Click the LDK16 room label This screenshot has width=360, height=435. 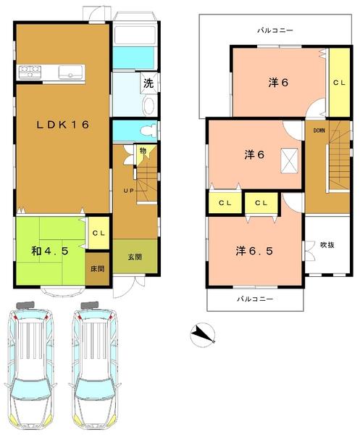click(63, 125)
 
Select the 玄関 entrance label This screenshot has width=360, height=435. click(135, 257)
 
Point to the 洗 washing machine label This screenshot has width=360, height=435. click(148, 83)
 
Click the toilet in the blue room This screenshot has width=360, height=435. click(148, 130)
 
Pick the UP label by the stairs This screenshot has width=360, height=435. click(127, 190)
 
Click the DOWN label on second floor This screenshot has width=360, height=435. click(319, 130)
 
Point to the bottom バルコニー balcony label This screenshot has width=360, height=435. click(254, 299)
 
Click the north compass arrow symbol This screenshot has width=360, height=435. click(204, 333)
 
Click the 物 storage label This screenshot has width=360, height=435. click(143, 151)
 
